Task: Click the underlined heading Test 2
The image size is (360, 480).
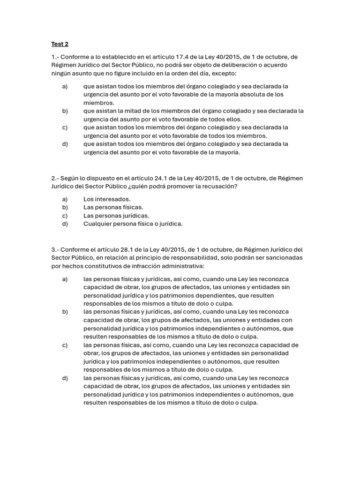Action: (60, 44)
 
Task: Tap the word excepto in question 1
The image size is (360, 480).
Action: (225, 74)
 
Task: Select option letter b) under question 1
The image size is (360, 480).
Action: (65, 111)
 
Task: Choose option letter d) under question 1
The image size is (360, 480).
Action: (65, 143)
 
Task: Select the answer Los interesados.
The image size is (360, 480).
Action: (107, 199)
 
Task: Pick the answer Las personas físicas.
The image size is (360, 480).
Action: (113, 207)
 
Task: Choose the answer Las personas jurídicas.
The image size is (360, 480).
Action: (116, 215)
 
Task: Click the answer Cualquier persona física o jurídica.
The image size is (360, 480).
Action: (133, 224)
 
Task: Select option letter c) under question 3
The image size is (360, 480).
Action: (65, 345)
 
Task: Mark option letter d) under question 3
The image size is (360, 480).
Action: (65, 378)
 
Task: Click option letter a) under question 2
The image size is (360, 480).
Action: (65, 199)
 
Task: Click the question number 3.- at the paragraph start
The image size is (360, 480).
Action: (55, 249)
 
